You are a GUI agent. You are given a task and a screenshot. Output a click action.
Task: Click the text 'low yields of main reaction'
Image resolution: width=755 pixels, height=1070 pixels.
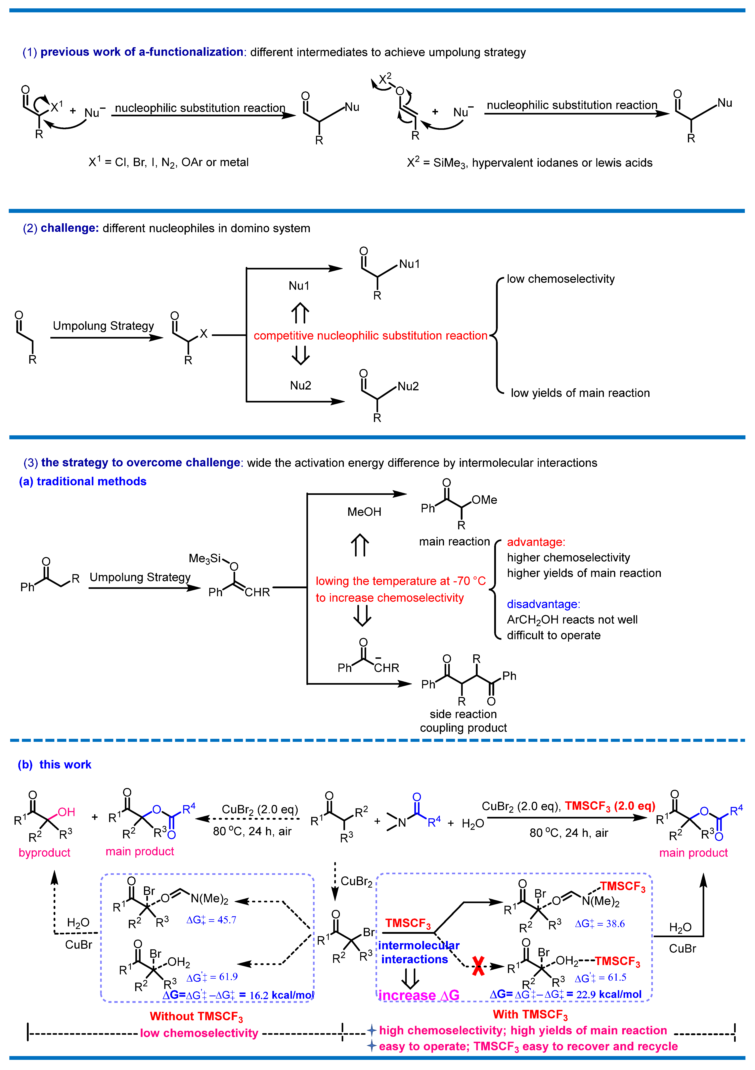580,393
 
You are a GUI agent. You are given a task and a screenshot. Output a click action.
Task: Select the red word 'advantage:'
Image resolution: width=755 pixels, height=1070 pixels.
536,542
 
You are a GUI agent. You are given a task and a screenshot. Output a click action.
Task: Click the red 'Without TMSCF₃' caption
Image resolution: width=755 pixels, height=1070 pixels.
196,1016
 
